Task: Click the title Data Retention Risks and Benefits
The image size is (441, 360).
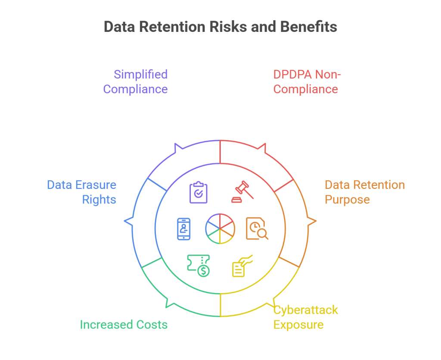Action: pos(220,27)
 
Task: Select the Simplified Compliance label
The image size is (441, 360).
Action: pos(136,81)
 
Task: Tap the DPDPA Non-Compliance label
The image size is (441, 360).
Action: pos(307,81)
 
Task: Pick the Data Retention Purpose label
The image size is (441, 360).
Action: pos(364,192)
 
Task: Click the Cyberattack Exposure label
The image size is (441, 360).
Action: pos(306,317)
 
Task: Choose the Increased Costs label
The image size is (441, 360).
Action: pos(124,324)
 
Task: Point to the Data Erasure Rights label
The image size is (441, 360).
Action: pos(82,192)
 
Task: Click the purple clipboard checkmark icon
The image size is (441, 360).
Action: pos(199,193)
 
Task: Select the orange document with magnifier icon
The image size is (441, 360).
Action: pos(257,229)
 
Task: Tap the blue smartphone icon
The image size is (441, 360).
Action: pos(184,229)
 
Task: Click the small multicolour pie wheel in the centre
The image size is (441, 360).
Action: pos(220,229)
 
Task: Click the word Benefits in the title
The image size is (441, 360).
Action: pos(308,27)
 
